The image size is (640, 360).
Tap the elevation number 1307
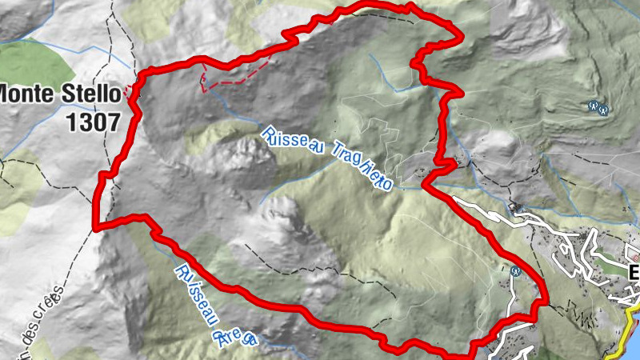94,122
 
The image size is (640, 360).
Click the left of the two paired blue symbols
593,105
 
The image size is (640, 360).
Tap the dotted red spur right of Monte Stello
132,93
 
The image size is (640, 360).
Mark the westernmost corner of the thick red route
96,226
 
